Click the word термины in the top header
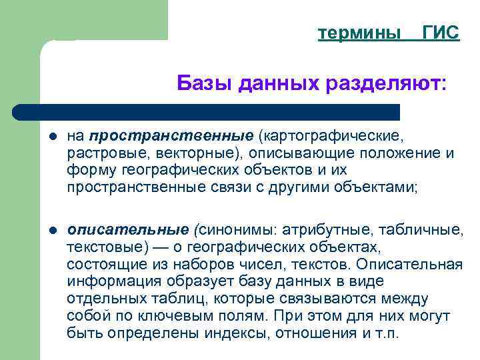[x=360, y=33]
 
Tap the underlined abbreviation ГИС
[x=441, y=33]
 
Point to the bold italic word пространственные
[x=169, y=137]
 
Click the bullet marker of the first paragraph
[x=53, y=137]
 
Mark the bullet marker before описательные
[x=53, y=231]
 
